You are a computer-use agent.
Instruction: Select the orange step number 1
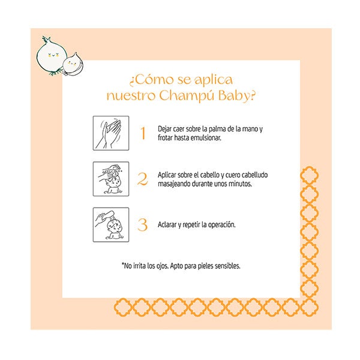click(x=143, y=133)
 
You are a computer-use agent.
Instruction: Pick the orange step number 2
click(x=142, y=179)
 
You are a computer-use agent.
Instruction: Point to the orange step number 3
click(x=142, y=224)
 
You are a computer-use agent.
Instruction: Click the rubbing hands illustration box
click(x=111, y=133)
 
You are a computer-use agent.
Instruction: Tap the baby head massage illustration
click(x=111, y=179)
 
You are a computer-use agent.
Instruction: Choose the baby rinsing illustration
click(x=111, y=224)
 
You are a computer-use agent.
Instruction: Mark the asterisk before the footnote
click(x=123, y=264)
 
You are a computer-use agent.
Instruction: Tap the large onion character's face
click(x=53, y=55)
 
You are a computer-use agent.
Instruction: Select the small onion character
click(x=73, y=65)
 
